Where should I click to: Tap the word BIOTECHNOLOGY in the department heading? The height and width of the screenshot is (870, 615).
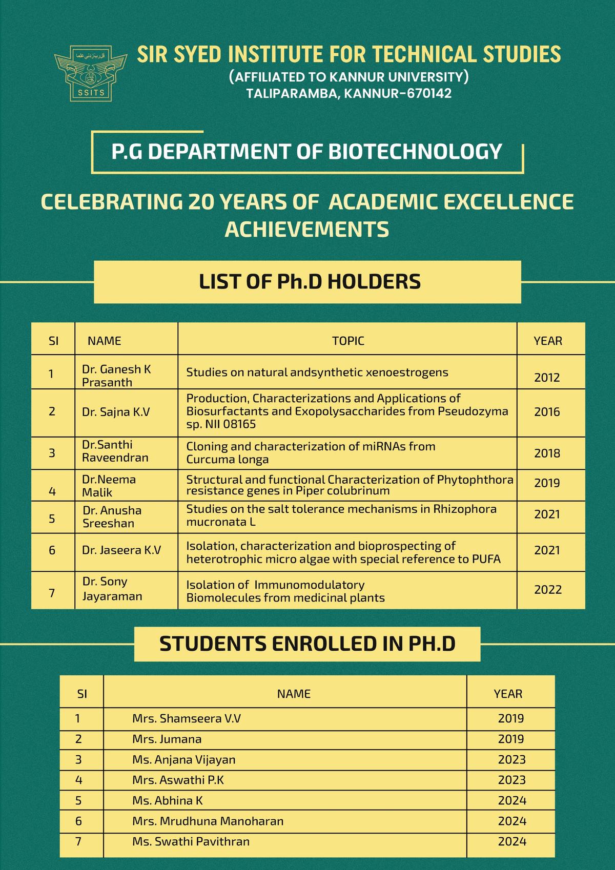pos(415,152)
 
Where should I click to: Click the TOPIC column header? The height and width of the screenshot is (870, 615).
pos(348,341)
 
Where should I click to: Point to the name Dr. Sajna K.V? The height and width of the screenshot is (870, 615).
pos(116,412)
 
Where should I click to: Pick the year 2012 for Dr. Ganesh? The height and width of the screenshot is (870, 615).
pos(547,378)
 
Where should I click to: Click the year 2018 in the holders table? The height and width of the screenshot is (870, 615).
pos(547,453)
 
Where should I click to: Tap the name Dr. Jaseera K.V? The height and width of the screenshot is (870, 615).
pos(121,550)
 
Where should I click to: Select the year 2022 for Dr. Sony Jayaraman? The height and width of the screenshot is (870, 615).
pos(548,590)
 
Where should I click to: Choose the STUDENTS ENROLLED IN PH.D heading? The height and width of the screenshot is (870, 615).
pos(307,644)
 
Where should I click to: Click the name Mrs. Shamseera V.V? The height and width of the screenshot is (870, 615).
pos(186,718)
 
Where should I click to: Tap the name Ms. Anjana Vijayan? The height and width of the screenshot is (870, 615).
pos(183,760)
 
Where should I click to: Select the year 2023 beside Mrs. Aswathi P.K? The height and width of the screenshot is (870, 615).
pos(511,780)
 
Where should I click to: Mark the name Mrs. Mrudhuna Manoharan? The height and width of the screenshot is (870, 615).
pos(208,821)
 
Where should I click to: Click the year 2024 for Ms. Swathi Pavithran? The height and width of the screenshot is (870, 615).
pos(512,842)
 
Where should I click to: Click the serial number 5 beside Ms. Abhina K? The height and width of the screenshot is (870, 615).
pos(78,801)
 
